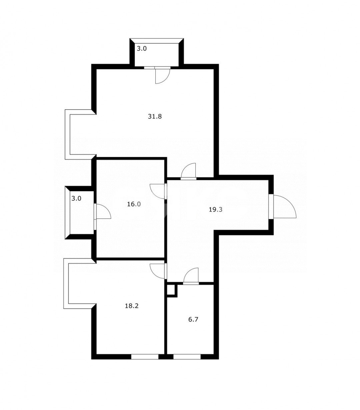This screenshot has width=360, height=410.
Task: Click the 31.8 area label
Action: coord(155,116)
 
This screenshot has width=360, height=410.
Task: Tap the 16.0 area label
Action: coord(134,204)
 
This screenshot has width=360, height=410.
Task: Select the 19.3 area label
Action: coord(215,210)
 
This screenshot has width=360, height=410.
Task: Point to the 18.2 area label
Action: coord(132,306)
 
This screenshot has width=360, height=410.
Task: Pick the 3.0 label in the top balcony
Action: coord(142,49)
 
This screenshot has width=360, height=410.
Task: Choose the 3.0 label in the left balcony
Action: coord(76,198)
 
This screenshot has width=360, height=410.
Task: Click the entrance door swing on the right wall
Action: coord(285,207)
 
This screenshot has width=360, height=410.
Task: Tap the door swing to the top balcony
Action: coord(162,76)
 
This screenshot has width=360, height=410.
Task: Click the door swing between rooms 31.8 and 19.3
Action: coord(188,170)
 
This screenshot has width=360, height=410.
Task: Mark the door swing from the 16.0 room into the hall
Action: coord(157,191)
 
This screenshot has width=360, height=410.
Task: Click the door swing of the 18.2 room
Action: coord(157,271)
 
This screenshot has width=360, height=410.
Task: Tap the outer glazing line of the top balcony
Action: coord(157,40)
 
